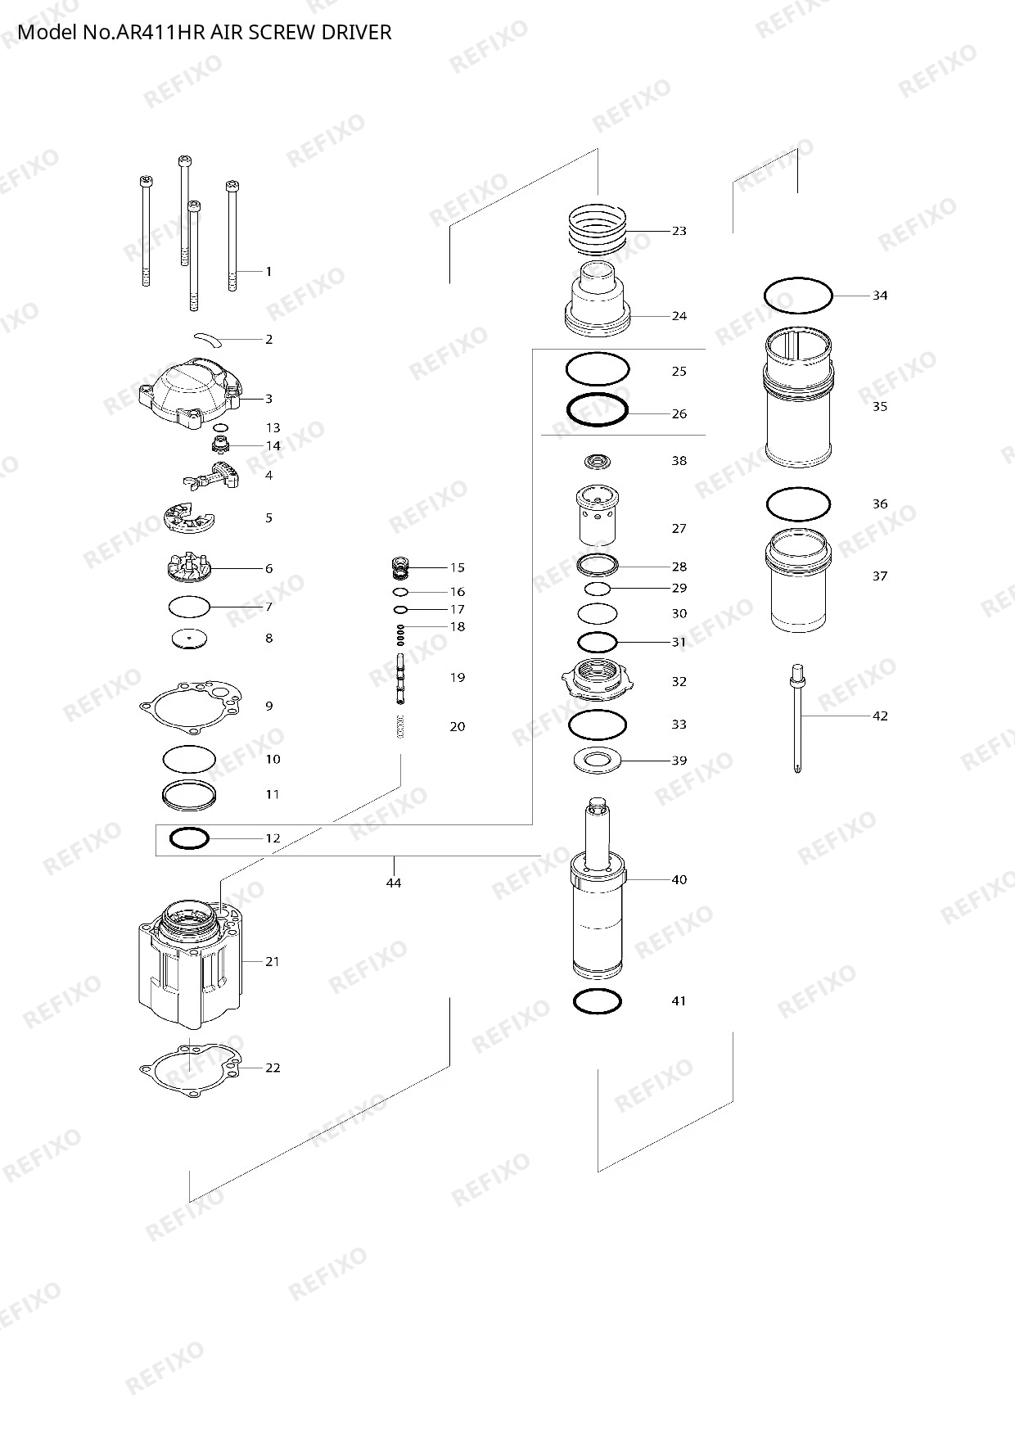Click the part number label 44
coord(394,883)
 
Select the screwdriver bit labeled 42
coord(797,719)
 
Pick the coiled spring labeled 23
coord(598,228)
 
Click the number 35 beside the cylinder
coord(880,406)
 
